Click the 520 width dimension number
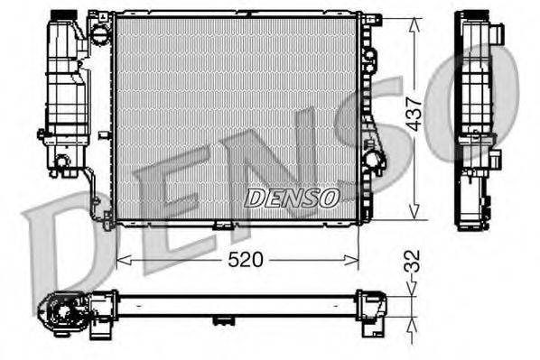245,260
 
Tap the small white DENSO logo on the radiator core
292,195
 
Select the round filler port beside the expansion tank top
97,34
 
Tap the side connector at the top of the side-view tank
498,34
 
